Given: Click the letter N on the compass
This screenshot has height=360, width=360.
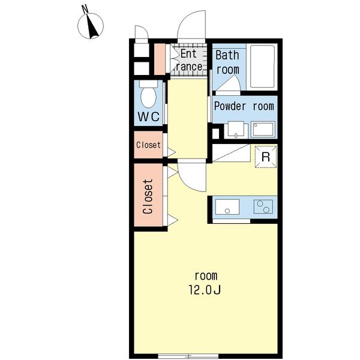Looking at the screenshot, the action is [x=85, y=9].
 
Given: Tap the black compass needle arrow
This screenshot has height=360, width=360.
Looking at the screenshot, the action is [x=92, y=26].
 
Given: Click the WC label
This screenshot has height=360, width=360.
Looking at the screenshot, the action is [x=148, y=116].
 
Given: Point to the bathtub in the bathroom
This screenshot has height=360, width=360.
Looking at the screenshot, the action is [x=262, y=67].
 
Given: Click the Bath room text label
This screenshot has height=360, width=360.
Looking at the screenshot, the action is [x=227, y=62].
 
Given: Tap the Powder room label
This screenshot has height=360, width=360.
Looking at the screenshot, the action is [x=244, y=106].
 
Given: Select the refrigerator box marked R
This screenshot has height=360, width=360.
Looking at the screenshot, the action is [x=266, y=157].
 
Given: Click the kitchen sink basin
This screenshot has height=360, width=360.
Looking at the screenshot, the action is [x=227, y=207].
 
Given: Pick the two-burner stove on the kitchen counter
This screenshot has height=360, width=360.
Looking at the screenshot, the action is [x=263, y=206].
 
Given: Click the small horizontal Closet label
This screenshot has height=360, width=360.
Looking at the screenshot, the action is [x=148, y=145].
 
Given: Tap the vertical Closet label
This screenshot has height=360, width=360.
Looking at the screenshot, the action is [x=148, y=197].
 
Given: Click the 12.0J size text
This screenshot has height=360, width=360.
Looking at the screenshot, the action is [x=205, y=290].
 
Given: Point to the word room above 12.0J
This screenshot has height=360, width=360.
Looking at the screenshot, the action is [x=206, y=276].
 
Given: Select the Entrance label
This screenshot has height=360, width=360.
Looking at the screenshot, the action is [x=189, y=61].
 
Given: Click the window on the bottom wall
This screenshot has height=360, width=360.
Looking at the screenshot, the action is [x=188, y=356].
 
